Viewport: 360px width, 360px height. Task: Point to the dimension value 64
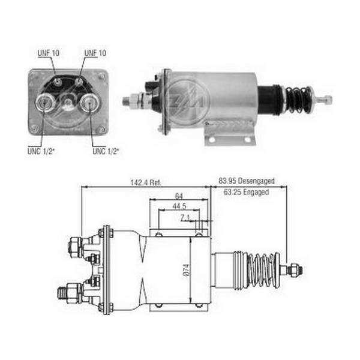point(179,196)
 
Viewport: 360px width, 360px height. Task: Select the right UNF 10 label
point(95,53)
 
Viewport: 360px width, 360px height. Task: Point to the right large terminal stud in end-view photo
point(90,103)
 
